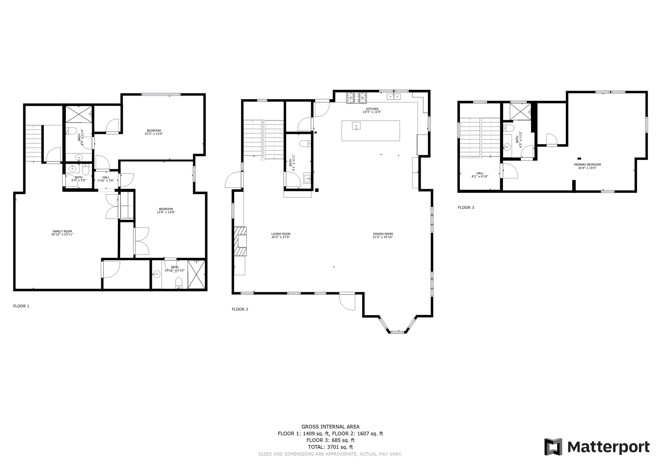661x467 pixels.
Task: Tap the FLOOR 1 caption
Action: click(21, 306)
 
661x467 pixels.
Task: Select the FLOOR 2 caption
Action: click(240, 309)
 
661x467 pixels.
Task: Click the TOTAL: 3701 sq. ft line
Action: click(330, 447)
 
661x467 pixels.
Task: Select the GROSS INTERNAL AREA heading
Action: click(330, 427)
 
